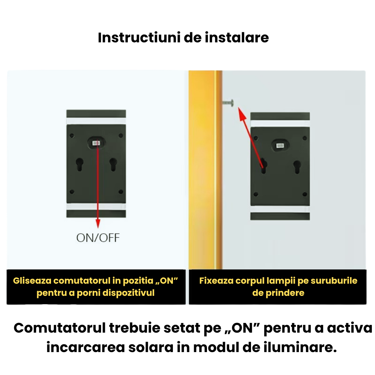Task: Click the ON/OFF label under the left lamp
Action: click(98, 238)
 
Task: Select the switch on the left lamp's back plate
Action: click(96, 142)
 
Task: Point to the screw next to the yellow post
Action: click(228, 102)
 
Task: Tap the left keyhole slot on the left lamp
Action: click(80, 164)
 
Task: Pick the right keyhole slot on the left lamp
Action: click(113, 164)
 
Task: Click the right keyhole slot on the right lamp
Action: click(297, 166)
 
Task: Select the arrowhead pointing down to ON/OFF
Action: click(98, 224)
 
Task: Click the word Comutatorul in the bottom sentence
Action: click(59, 328)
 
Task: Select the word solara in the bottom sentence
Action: click(154, 347)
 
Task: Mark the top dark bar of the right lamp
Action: click(280, 116)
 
